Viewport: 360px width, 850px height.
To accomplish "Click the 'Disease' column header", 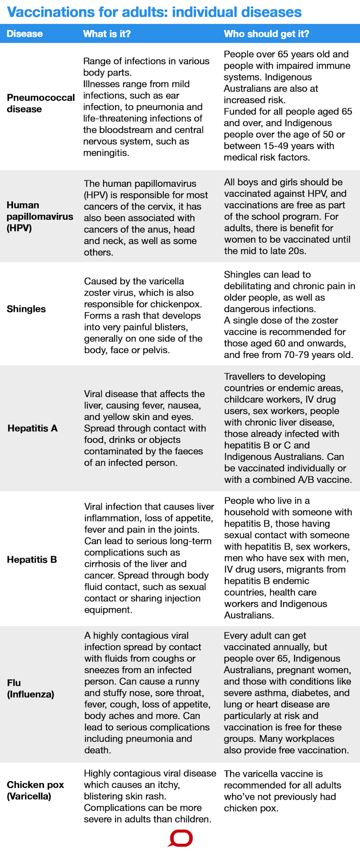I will (x=24, y=34).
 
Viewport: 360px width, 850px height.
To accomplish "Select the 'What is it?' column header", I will (x=106, y=34).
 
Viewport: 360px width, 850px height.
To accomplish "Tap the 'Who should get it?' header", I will (x=266, y=34).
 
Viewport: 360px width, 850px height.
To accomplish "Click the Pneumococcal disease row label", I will (x=41, y=103).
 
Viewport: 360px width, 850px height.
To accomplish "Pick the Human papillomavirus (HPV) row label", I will (x=40, y=216).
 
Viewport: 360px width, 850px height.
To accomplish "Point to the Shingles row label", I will (x=26, y=309).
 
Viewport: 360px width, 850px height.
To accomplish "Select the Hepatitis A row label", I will (x=32, y=428).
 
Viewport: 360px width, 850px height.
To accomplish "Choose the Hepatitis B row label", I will (x=32, y=560).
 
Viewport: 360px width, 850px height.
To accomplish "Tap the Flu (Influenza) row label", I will (x=31, y=688).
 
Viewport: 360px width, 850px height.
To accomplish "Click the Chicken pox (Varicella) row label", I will (x=35, y=790).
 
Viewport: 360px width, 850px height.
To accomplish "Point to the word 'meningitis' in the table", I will (x=106, y=153).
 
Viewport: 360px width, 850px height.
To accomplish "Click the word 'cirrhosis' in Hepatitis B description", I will (x=108, y=564).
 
